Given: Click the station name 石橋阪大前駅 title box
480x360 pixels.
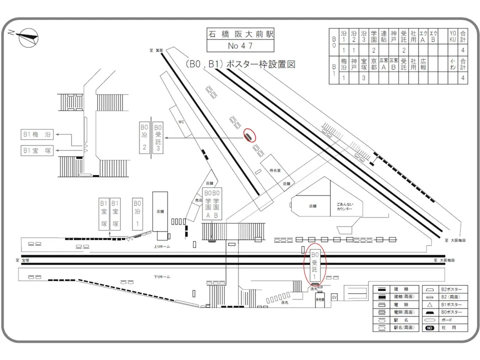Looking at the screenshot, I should point(240,34).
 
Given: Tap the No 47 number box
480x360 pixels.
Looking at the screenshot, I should point(240,46).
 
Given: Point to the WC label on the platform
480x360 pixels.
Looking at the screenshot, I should point(182,121).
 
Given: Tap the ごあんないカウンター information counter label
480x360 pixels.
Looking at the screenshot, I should point(344,206).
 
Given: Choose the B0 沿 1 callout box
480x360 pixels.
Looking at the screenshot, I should point(137,213).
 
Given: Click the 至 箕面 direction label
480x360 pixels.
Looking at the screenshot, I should point(155,49).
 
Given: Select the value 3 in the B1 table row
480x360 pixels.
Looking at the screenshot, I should point(363,78).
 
